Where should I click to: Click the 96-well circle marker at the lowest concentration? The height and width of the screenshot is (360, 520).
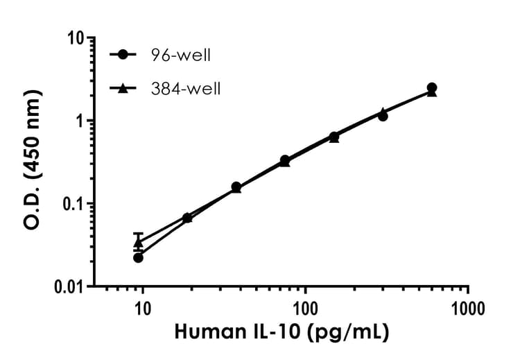coord(138,257)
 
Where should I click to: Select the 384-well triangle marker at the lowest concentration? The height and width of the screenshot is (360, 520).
coord(138,243)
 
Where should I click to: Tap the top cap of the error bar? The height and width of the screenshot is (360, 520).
coord(138,234)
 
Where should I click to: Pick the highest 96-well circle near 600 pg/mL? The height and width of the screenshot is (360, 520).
coord(431,87)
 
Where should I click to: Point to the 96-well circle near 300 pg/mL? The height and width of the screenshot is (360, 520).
coord(383,116)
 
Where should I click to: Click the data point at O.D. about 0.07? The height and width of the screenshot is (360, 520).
coord(187,218)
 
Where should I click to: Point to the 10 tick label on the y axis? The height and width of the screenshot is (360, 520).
coord(74,39)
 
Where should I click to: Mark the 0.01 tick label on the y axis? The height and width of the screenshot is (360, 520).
coord(67,286)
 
